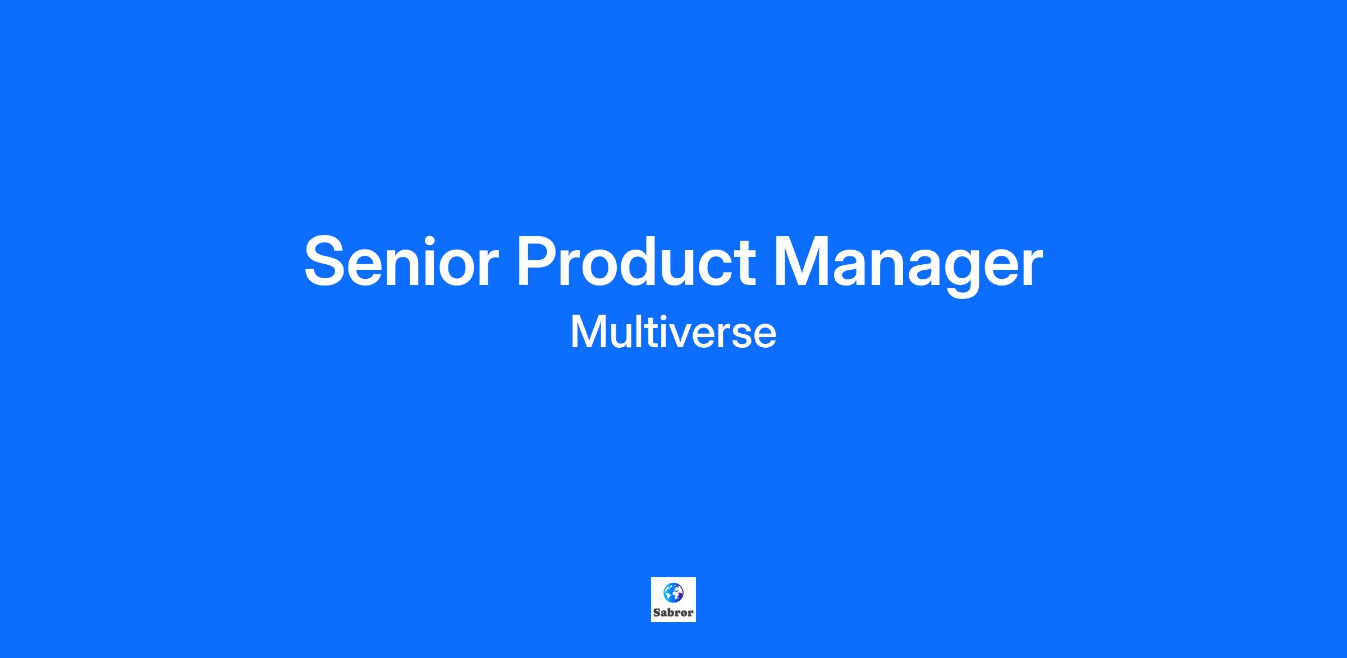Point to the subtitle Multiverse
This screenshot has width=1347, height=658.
coord(673,333)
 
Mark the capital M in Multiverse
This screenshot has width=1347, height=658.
coord(587,333)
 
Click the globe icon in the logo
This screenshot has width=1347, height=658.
coord(673,592)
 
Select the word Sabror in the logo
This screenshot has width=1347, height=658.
coord(673,613)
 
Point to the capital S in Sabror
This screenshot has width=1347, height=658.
coord(657,613)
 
